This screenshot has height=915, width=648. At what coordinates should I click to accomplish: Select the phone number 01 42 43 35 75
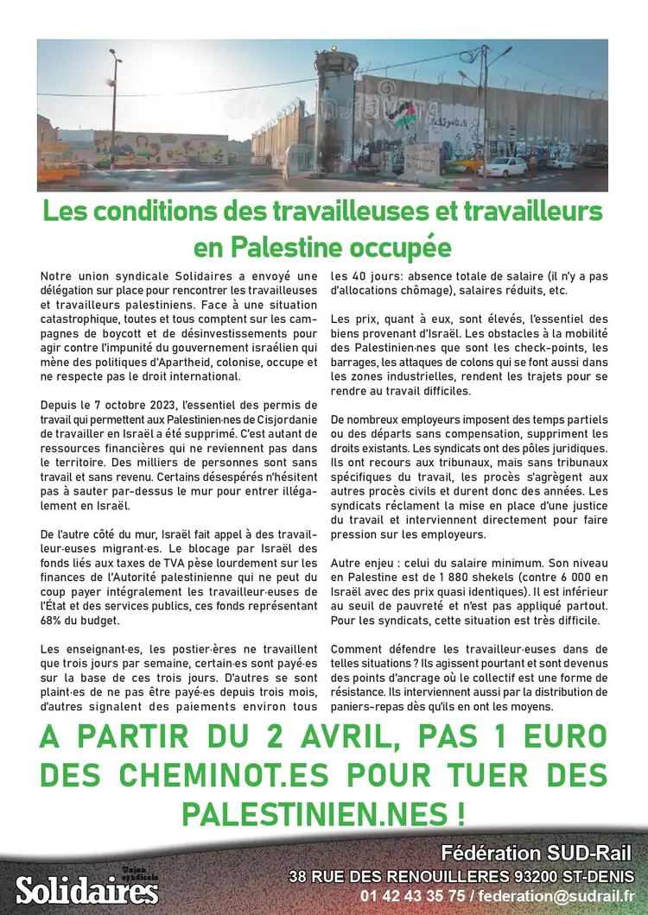[x=414, y=895]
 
